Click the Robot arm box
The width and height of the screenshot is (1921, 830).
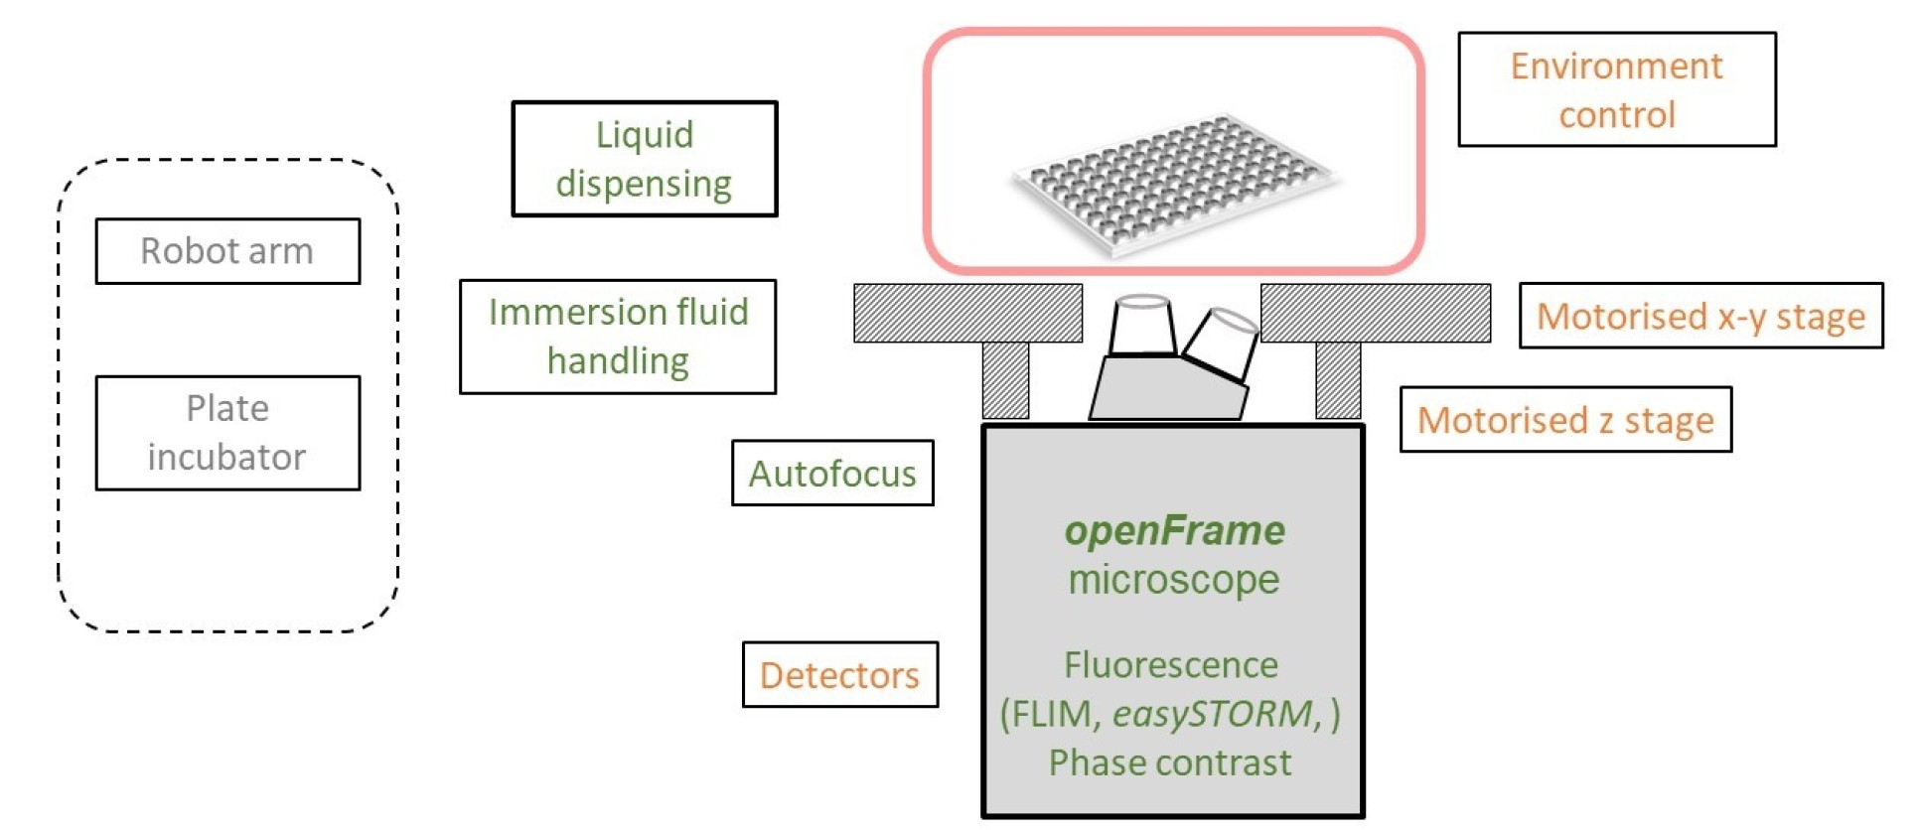pyautogui.click(x=227, y=251)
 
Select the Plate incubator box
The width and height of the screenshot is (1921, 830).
pyautogui.click(x=227, y=433)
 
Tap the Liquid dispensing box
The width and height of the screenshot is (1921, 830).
pyautogui.click(x=645, y=159)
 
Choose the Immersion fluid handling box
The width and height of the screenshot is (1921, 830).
pyautogui.click(x=618, y=337)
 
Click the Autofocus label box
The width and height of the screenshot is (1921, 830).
pyautogui.click(x=832, y=474)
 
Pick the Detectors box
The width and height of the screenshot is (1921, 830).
pyautogui.click(x=840, y=675)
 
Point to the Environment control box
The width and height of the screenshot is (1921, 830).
pyautogui.click(x=1616, y=89)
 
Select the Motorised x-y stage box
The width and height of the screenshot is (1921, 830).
pyautogui.click(x=1700, y=316)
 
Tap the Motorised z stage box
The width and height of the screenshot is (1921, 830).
pyautogui.click(x=1565, y=420)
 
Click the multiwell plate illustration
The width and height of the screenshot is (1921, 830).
pyautogui.click(x=1174, y=184)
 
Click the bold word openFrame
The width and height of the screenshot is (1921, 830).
pyautogui.click(x=1174, y=531)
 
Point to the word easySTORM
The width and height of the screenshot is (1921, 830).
pyautogui.click(x=1212, y=714)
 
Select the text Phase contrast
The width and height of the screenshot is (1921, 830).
pyautogui.click(x=1170, y=762)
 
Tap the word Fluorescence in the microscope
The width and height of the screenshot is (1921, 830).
pyautogui.click(x=1171, y=665)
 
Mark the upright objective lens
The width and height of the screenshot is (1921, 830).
pyautogui.click(x=1142, y=325)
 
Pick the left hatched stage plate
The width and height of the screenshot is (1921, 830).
pyautogui.click(x=967, y=314)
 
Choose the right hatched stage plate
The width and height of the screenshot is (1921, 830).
pyautogui.click(x=1376, y=314)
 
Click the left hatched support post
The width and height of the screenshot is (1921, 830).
pyautogui.click(x=1005, y=380)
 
